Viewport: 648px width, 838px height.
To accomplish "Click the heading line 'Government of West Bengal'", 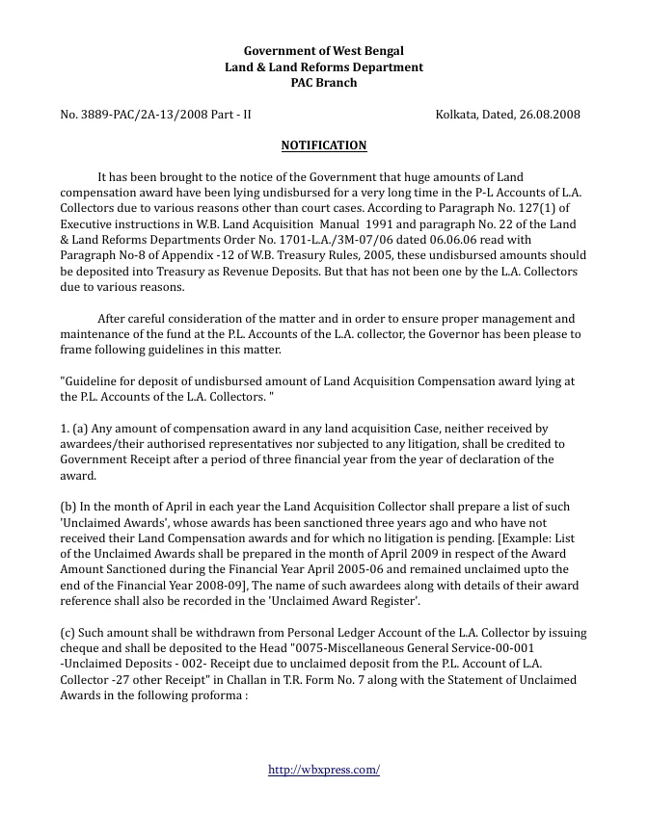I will [x=323, y=51].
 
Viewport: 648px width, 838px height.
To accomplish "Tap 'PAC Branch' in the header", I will [x=323, y=83].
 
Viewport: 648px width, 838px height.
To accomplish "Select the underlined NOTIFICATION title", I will [x=323, y=145].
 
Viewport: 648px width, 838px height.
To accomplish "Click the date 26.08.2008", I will [x=551, y=115].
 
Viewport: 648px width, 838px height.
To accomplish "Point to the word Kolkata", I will [x=457, y=115].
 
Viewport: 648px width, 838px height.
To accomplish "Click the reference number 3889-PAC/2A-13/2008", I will [x=134, y=115].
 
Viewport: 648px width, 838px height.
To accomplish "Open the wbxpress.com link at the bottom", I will [x=323, y=770].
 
